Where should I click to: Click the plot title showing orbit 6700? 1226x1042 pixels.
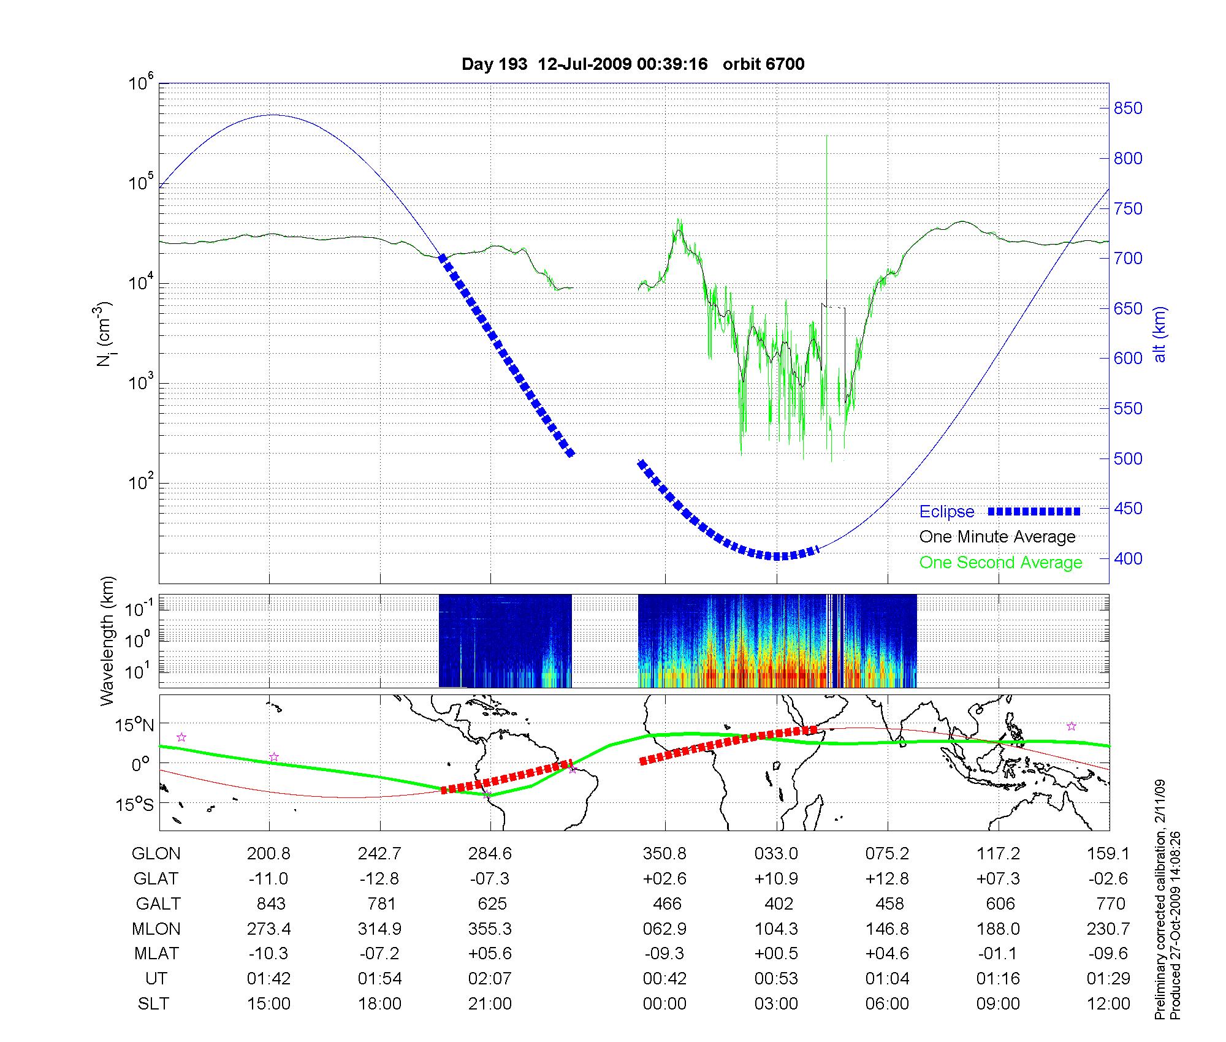633,64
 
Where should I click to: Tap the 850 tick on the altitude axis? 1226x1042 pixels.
1128,108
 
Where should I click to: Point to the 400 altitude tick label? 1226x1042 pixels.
1128,558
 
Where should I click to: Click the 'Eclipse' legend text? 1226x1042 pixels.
946,512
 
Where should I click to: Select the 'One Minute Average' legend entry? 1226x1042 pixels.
997,537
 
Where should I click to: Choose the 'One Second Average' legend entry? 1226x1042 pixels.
1000,563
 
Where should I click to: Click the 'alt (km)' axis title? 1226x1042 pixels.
1160,334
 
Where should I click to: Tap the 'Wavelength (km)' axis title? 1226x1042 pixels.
108,641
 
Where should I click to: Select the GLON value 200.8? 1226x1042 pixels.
268,853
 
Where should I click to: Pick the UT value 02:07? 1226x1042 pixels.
490,979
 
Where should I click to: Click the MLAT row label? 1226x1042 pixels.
156,954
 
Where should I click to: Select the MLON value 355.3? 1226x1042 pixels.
490,929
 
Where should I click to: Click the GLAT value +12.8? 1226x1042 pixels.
888,878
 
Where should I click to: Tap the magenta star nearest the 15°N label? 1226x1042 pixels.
181,737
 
